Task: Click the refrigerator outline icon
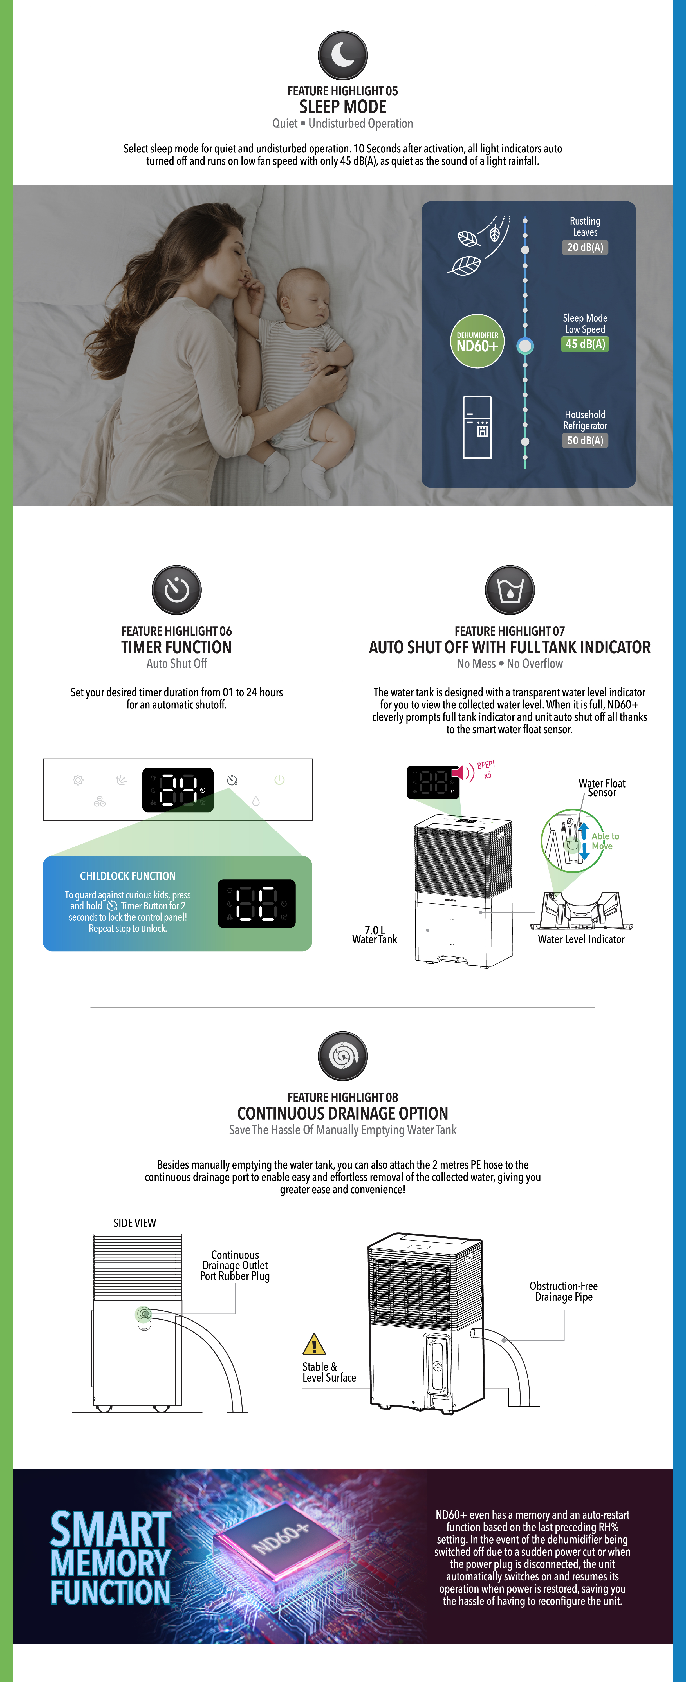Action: [477, 427]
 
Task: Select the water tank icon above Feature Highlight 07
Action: [510, 590]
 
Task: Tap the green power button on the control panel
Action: [279, 780]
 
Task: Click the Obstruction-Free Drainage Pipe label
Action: [564, 1291]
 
